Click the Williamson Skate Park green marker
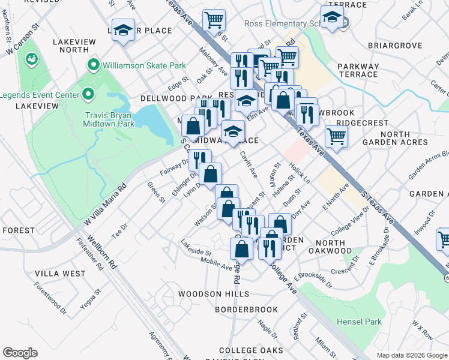pyautogui.click(x=93, y=64)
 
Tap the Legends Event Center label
pyautogui.click(x=39, y=95)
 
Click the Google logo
pyautogui.click(x=20, y=353)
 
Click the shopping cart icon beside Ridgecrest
pyautogui.click(x=337, y=136)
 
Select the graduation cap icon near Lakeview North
pyautogui.click(x=123, y=31)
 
